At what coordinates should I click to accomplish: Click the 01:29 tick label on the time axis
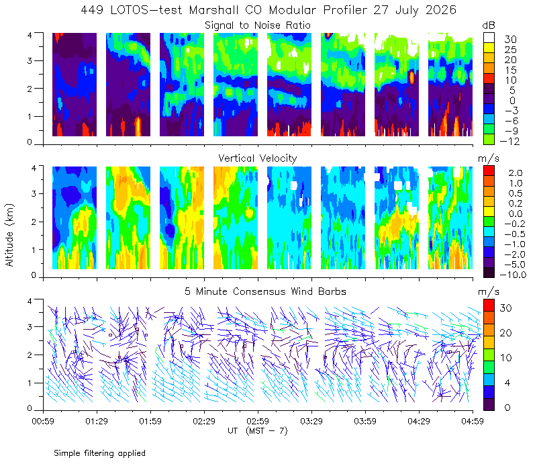pyautogui.click(x=97, y=421)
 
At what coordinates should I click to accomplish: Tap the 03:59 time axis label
pyautogui.click(x=365, y=421)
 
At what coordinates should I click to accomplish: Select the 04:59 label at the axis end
pyautogui.click(x=473, y=421)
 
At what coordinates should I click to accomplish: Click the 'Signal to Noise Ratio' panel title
pyautogui.click(x=258, y=26)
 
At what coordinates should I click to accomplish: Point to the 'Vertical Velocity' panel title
pyautogui.click(x=258, y=158)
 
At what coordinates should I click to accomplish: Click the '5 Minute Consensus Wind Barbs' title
pyautogui.click(x=265, y=291)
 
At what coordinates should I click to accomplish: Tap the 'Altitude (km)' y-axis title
pyautogui.click(x=9, y=235)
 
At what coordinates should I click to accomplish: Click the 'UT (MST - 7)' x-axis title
pyautogui.click(x=258, y=431)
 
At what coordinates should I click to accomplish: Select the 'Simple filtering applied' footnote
pyautogui.click(x=99, y=453)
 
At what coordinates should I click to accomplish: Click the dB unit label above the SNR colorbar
pyautogui.click(x=489, y=26)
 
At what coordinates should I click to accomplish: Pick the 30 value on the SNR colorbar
pyautogui.click(x=510, y=40)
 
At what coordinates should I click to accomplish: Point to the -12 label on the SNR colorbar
pyautogui.click(x=509, y=141)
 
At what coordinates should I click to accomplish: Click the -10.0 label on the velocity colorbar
pyautogui.click(x=513, y=275)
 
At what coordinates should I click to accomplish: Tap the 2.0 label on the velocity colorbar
pyautogui.click(x=516, y=173)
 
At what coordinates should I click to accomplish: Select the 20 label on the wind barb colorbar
pyautogui.click(x=506, y=332)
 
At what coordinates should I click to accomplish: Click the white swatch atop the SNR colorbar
pyautogui.click(x=489, y=38)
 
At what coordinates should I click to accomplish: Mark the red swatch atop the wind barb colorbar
pyautogui.click(x=489, y=305)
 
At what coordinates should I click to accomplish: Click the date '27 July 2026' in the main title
pyautogui.click(x=415, y=10)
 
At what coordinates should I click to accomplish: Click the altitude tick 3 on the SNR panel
pyautogui.click(x=30, y=60)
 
